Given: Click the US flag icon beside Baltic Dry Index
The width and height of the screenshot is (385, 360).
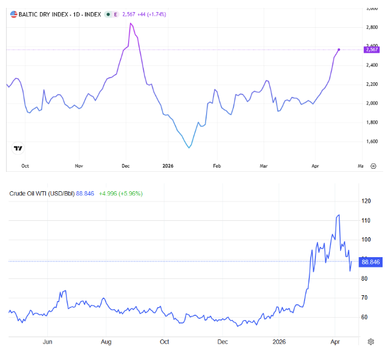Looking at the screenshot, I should (x=13, y=13).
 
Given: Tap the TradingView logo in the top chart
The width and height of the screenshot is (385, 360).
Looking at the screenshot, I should (x=18, y=148).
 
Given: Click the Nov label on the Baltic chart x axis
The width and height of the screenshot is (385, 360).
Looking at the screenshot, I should (x=79, y=165).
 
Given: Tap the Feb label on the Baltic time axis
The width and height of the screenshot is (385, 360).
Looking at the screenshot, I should (x=217, y=165).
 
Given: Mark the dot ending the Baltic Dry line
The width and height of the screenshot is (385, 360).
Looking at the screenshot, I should (x=338, y=49).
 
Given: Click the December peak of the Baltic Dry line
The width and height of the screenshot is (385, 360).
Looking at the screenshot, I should (x=131, y=23).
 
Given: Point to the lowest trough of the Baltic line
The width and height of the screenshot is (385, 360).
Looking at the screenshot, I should (x=189, y=147).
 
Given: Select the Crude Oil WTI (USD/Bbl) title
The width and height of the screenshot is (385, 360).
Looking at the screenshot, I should (x=42, y=194).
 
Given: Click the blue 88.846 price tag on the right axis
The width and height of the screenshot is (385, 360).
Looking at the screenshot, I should (x=370, y=261).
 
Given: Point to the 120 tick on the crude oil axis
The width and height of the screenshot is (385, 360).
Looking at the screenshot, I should (x=365, y=201).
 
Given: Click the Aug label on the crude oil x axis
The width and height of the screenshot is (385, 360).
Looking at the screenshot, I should (x=106, y=342).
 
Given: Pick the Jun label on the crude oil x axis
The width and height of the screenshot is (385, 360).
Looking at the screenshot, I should (x=48, y=342).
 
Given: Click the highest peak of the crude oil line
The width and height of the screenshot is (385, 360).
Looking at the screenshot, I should (x=338, y=215).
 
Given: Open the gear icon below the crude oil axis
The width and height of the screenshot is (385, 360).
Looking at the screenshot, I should (x=370, y=342).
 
